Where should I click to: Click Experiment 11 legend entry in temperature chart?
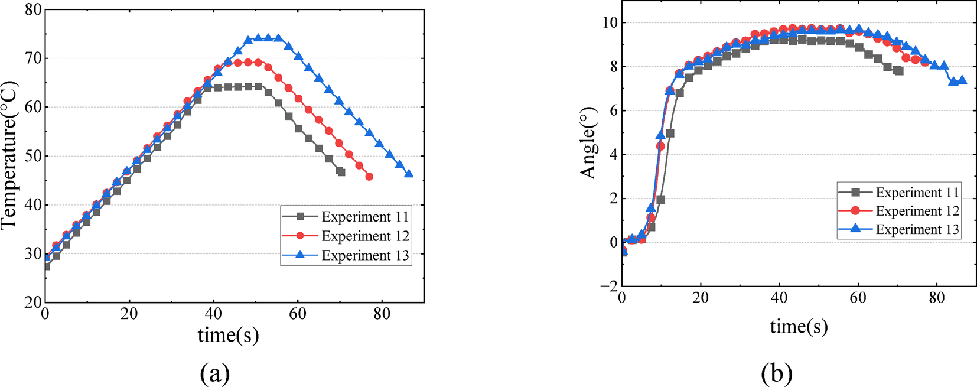click(x=346, y=217)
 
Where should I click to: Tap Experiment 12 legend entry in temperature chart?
click(x=346, y=236)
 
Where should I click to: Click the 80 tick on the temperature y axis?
click(x=33, y=10)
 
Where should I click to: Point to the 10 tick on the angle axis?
click(x=609, y=23)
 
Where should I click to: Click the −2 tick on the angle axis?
click(x=608, y=286)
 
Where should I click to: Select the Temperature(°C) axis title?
click(x=10, y=155)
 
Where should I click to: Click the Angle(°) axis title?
click(x=589, y=142)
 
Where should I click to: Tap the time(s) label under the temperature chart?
click(x=228, y=335)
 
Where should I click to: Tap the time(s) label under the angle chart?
click(x=799, y=326)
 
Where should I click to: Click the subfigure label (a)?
click(x=214, y=373)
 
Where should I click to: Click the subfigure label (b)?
click(x=777, y=373)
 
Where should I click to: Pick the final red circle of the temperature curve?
click(x=369, y=177)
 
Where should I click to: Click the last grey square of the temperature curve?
click(x=341, y=172)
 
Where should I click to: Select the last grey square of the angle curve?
click(x=899, y=71)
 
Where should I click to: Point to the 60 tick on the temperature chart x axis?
click(x=298, y=314)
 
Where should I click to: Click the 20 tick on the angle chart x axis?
click(x=701, y=298)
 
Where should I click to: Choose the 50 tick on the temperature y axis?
click(x=33, y=157)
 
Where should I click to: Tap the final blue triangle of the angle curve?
click(x=962, y=80)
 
